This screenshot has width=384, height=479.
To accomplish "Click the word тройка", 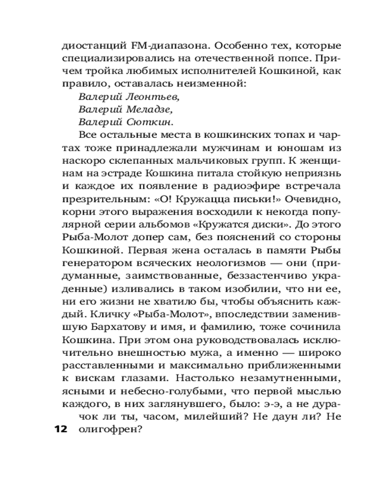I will coord(107,71).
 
